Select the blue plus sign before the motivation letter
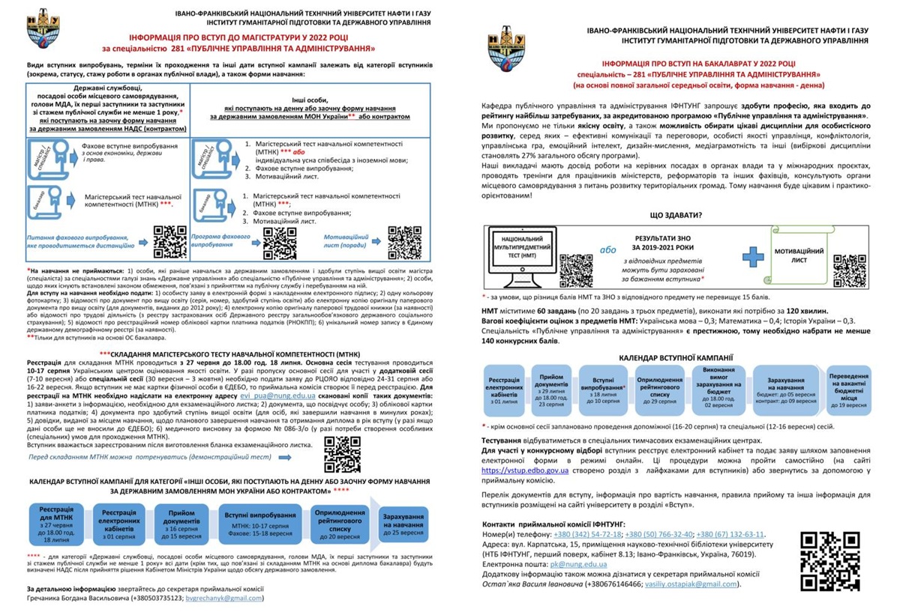[753, 255]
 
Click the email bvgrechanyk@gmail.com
[225, 599]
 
